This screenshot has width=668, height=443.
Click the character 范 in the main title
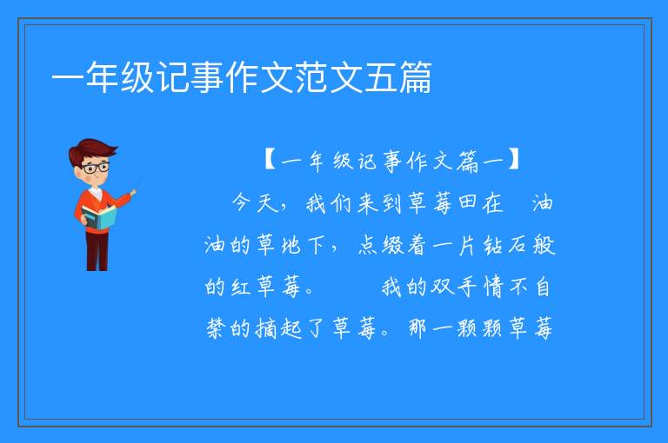[x=312, y=77]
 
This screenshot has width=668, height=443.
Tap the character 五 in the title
[x=381, y=77]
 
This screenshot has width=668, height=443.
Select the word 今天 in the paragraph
[x=255, y=202]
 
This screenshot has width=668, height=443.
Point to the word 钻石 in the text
[x=504, y=245]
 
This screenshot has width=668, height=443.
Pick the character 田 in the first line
[x=467, y=202]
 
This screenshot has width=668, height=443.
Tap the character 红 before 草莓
[x=240, y=287]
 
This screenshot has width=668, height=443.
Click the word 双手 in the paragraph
[x=453, y=287]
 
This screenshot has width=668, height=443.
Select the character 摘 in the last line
[x=266, y=328]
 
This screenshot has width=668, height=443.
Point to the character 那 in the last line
[x=417, y=328]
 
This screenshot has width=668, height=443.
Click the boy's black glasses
[x=96, y=168]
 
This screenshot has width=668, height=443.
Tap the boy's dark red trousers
[x=97, y=251]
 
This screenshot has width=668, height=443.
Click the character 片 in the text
[x=467, y=245]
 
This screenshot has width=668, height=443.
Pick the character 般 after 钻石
[x=544, y=245]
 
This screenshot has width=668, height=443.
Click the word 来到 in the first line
[x=379, y=202]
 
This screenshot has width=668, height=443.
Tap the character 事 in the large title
[x=209, y=77]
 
